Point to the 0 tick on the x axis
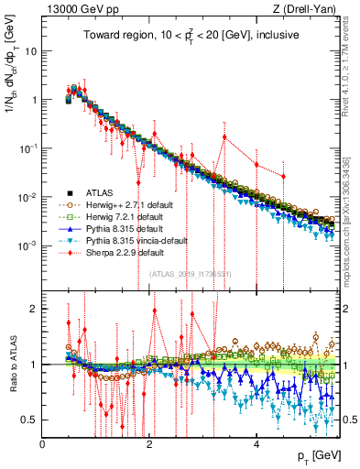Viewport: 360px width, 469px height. click(x=43, y=443)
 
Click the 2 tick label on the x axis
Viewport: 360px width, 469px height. click(x=149, y=443)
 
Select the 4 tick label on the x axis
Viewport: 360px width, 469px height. click(x=256, y=443)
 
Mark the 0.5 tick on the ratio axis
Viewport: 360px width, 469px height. click(x=29, y=420)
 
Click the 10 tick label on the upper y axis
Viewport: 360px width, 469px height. click(x=30, y=50)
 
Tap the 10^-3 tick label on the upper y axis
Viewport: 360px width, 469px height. click(x=27, y=245)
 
